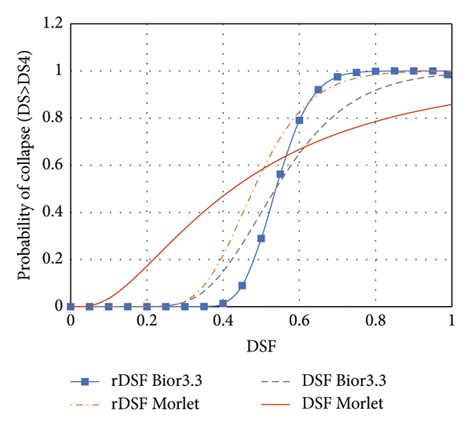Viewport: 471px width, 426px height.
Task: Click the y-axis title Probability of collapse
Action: click(x=26, y=165)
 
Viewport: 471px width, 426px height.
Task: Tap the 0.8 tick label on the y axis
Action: click(x=53, y=118)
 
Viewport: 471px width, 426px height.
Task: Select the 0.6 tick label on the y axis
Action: click(x=53, y=166)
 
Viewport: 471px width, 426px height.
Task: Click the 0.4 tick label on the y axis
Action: click(x=53, y=213)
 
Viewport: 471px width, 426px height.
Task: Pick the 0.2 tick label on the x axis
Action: click(x=147, y=321)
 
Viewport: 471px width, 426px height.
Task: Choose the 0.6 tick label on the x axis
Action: click(x=299, y=321)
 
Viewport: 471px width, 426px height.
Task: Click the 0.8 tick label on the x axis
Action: click(x=375, y=321)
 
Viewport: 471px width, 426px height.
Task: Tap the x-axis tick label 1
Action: click(x=451, y=321)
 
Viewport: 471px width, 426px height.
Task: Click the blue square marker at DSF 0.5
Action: click(x=261, y=238)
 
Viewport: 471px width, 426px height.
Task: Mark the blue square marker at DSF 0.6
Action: click(x=299, y=120)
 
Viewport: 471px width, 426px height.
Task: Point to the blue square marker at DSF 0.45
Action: click(x=242, y=286)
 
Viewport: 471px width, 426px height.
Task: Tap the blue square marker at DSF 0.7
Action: click(x=338, y=77)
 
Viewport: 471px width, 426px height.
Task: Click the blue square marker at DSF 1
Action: click(x=447, y=74)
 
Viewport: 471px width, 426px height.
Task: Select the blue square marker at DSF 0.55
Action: click(x=280, y=174)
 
